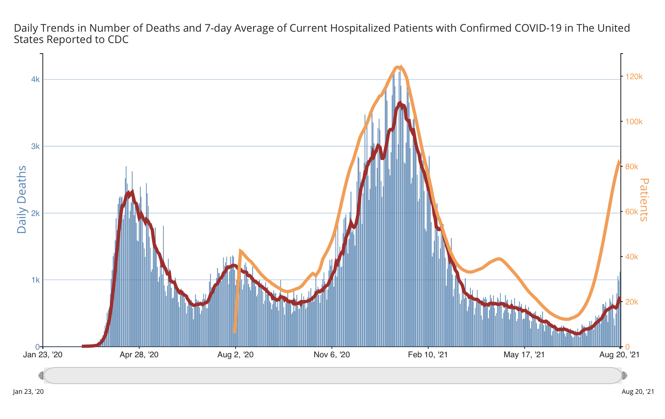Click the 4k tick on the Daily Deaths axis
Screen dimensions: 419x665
tap(35, 80)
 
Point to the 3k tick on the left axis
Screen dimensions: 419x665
tap(35, 147)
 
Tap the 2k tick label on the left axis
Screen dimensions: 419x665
tap(35, 214)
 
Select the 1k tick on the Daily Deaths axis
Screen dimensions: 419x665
tap(35, 280)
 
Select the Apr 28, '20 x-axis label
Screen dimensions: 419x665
tap(139, 355)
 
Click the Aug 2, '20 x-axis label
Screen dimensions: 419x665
tap(236, 355)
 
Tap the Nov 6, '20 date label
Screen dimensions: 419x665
tap(332, 355)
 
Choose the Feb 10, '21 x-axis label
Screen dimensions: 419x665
tap(428, 355)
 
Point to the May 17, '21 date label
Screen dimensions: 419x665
tap(524, 355)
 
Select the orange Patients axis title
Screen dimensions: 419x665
tap(644, 199)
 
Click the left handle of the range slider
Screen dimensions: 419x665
tap(41, 376)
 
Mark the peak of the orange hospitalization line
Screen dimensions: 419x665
tap(398, 67)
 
